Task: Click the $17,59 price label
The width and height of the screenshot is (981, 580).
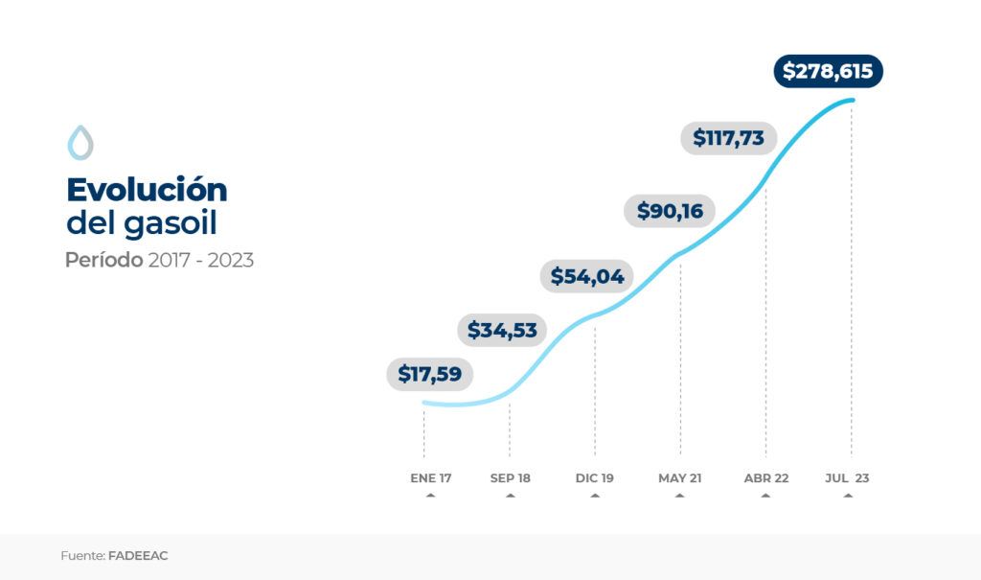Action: tap(430, 374)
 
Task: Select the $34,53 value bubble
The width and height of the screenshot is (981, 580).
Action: tap(502, 330)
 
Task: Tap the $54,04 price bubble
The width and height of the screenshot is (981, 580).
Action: tap(587, 277)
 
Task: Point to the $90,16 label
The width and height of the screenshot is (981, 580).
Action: tap(670, 211)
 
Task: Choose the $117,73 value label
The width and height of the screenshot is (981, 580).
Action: tap(729, 138)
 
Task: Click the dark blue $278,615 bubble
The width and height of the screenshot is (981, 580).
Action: tap(828, 71)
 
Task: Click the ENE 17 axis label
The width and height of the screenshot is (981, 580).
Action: tap(430, 477)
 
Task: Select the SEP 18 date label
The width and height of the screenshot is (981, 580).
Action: tap(510, 477)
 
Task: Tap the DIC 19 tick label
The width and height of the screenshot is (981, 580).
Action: tap(595, 477)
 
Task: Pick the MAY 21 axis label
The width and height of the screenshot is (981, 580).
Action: tap(679, 477)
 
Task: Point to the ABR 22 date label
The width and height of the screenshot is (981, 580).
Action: tap(765, 477)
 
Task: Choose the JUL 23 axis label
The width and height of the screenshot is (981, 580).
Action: tap(848, 477)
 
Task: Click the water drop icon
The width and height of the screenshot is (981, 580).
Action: tap(80, 143)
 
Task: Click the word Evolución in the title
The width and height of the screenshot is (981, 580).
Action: tap(147, 189)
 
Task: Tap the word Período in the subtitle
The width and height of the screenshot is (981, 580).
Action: tap(103, 260)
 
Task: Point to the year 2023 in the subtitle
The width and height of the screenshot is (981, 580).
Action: tap(230, 260)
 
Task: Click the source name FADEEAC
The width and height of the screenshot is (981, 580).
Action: tap(138, 555)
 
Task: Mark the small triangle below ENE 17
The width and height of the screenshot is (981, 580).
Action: tap(430, 496)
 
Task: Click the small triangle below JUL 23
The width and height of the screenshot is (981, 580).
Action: tap(848, 496)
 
